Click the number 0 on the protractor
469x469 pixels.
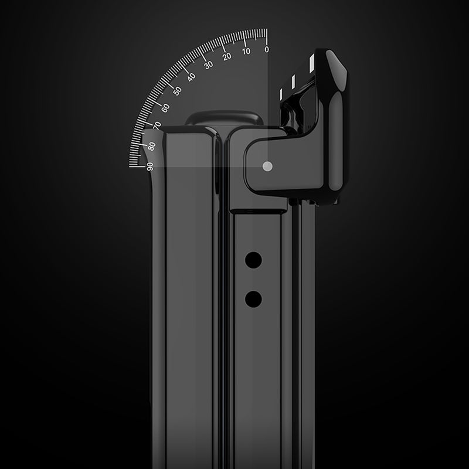tap(267, 49)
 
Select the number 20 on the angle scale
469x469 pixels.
tap(227, 56)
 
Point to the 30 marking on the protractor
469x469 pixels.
tap(208, 64)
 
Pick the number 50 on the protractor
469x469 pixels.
tap(177, 91)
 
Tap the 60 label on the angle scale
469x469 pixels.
tap(165, 107)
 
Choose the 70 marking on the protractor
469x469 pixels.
tap(157, 126)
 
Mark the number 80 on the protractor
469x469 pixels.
tap(152, 145)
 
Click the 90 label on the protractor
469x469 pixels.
tap(150, 166)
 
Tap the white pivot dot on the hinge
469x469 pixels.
tap(267, 166)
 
